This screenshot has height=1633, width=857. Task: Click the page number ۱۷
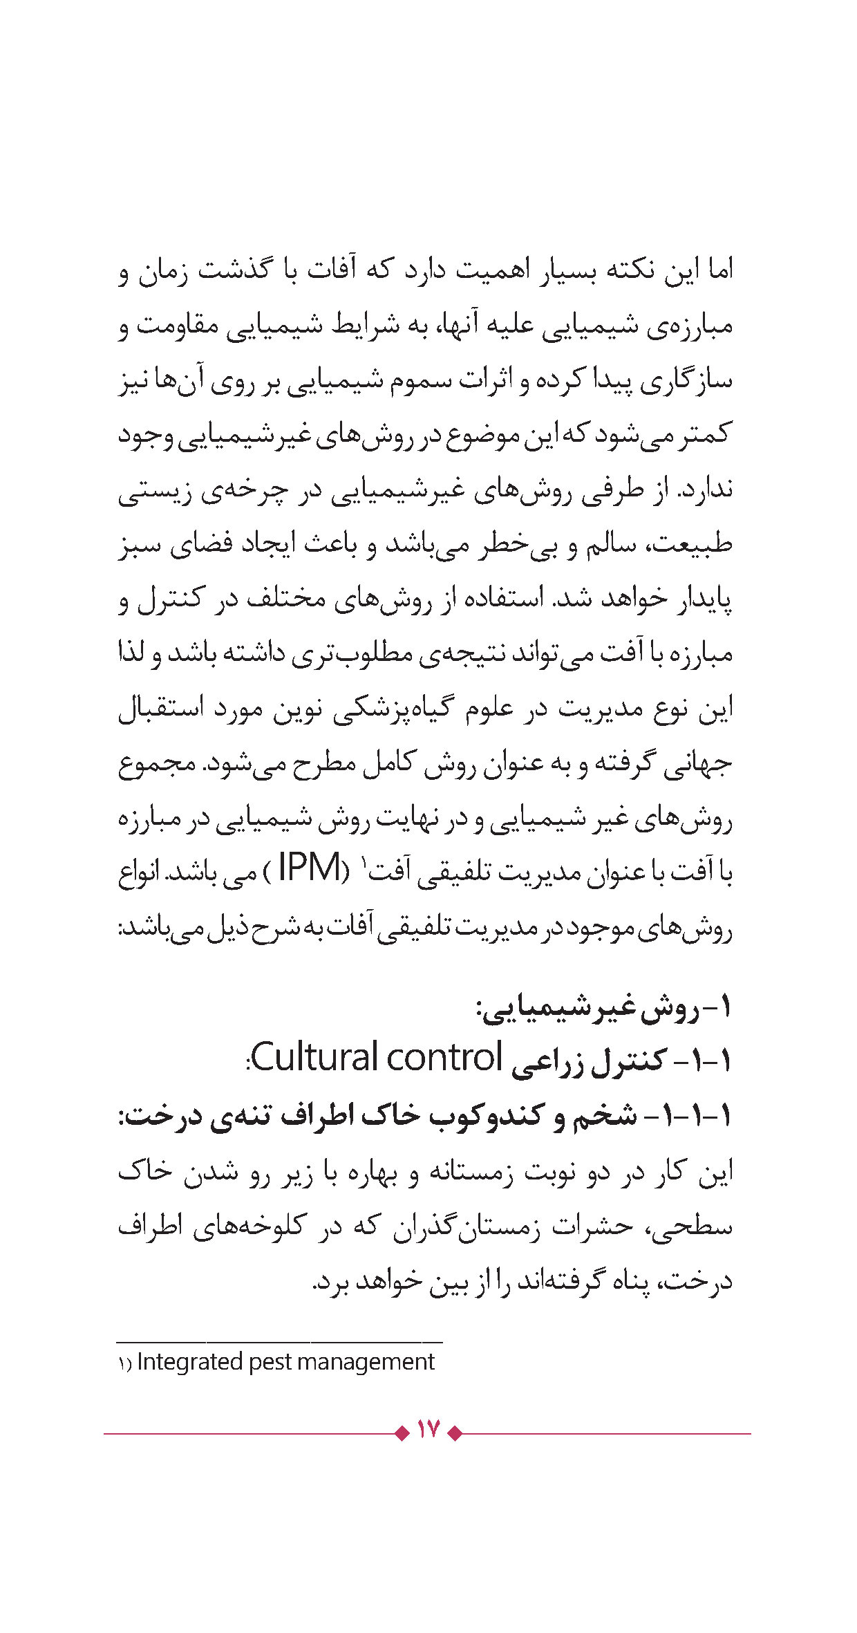point(428,1428)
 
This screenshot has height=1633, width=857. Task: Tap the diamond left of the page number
point(402,1433)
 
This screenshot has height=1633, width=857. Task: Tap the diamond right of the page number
point(455,1433)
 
